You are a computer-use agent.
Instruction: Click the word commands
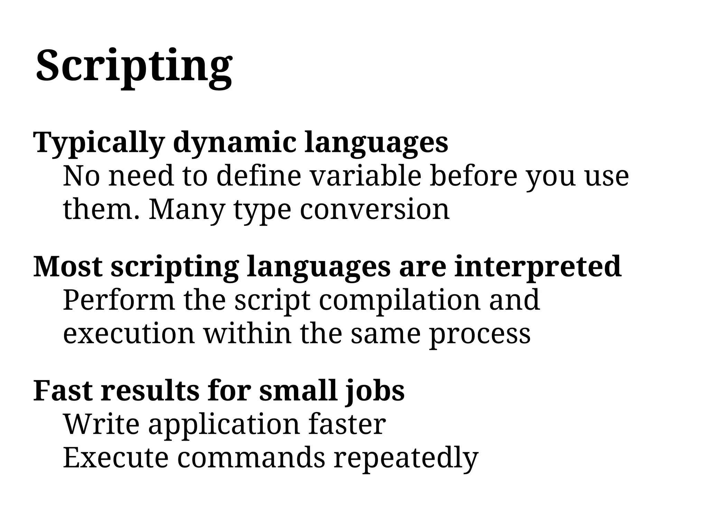click(x=251, y=457)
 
